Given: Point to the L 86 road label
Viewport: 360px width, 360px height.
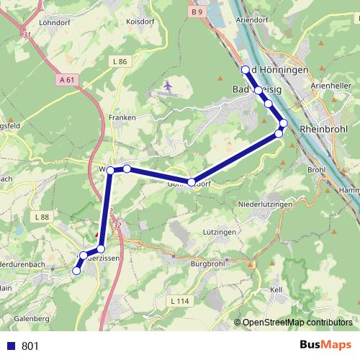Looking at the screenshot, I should [120, 62].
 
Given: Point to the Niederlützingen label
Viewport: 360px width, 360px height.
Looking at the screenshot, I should [265, 204].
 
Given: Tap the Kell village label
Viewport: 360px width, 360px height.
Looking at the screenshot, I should [276, 289].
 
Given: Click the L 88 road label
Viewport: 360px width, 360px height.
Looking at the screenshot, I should [41, 217].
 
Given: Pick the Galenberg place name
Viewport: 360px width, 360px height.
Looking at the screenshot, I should [32, 318].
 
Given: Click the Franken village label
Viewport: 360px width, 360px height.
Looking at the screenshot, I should [122, 117].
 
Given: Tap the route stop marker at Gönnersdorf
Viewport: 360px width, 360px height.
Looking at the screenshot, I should [192, 182].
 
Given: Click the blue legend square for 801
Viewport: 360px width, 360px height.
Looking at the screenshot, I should [10, 346].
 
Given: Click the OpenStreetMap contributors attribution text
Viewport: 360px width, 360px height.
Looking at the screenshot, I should [297, 323].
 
